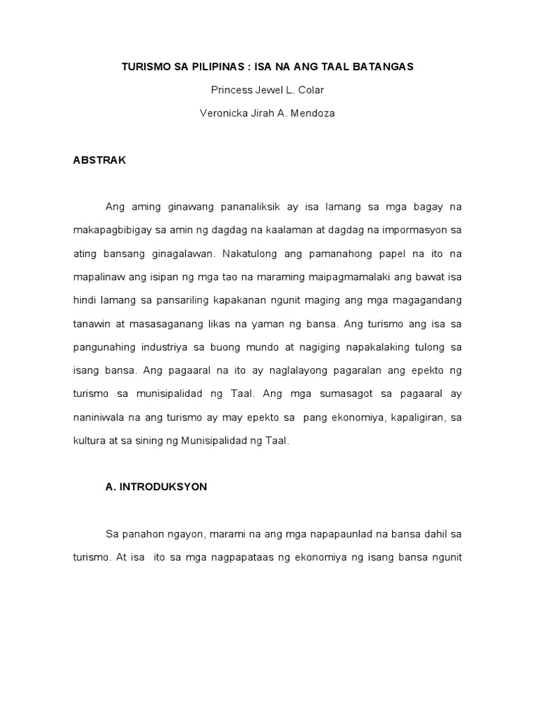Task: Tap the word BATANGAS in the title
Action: click(380, 66)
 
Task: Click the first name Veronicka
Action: click(226, 113)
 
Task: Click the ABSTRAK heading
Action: click(100, 159)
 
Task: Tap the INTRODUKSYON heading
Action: click(162, 487)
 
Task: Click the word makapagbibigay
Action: click(112, 230)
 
